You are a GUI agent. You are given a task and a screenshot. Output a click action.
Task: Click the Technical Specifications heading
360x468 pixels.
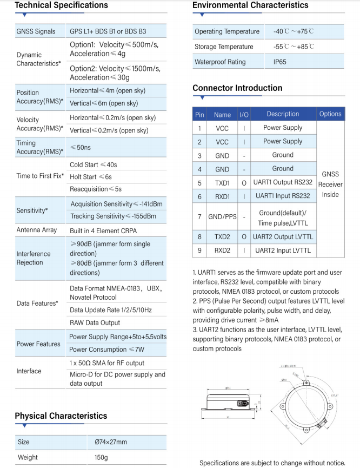(61, 5)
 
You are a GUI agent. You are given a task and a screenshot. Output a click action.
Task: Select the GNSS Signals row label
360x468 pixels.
(36, 31)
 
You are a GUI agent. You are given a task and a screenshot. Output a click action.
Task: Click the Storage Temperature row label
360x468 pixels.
(224, 47)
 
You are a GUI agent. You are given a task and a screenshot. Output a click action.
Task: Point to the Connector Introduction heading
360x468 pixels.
(237, 88)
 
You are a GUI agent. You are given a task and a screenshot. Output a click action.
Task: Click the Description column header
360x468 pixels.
(283, 114)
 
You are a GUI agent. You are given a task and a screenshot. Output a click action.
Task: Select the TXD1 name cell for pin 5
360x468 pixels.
(222, 183)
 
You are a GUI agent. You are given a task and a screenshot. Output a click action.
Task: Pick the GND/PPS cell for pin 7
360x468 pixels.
(222, 217)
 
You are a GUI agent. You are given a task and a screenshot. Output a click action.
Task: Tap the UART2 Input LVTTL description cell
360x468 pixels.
(283, 251)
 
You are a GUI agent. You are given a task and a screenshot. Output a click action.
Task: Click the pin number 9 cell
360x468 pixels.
(199, 251)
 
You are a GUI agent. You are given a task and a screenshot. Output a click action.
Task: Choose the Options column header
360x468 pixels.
(330, 114)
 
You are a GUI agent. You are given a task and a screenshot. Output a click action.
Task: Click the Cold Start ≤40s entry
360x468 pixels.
(94, 165)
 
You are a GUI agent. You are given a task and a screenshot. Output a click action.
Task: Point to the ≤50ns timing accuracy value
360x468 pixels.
(81, 147)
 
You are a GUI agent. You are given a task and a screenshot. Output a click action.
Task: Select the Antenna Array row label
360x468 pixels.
(37, 230)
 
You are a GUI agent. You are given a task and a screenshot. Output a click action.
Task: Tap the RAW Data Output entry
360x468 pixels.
(95, 323)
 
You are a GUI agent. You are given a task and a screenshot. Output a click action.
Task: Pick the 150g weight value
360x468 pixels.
(102, 458)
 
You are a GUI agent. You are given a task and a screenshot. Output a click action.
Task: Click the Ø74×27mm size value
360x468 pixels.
(111, 442)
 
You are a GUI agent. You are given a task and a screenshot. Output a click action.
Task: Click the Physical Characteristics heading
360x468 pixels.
(61, 416)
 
